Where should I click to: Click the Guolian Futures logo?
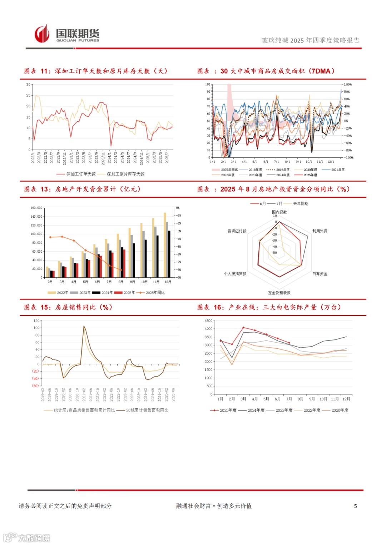click(67, 34)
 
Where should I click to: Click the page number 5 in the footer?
click(355, 506)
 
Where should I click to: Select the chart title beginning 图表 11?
click(95, 71)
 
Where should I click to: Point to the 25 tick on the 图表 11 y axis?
click(28, 95)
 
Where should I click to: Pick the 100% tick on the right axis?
click(348, 85)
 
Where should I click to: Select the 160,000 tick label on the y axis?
click(36, 208)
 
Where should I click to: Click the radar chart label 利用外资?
click(320, 231)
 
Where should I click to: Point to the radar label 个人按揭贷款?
click(235, 274)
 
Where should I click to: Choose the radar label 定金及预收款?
click(279, 293)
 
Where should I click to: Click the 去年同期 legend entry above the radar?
click(301, 203)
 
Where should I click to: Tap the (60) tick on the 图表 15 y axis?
click(35, 386)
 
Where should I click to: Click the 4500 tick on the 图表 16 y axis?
click(208, 321)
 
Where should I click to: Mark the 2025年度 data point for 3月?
click(243, 328)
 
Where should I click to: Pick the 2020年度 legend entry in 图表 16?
click(340, 410)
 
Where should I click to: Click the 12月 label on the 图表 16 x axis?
click(346, 399)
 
